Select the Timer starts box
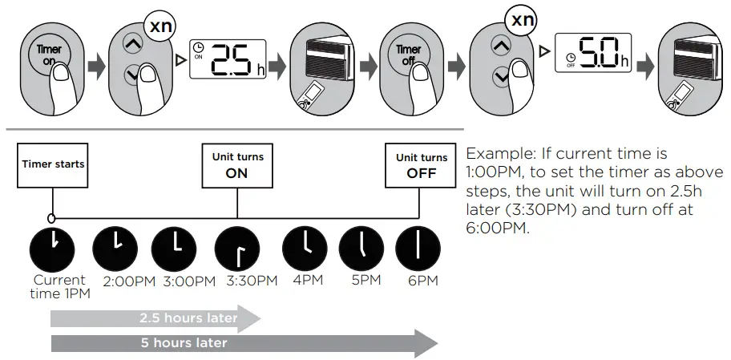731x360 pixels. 53,164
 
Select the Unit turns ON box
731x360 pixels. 237,164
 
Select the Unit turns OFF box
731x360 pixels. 422,164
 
